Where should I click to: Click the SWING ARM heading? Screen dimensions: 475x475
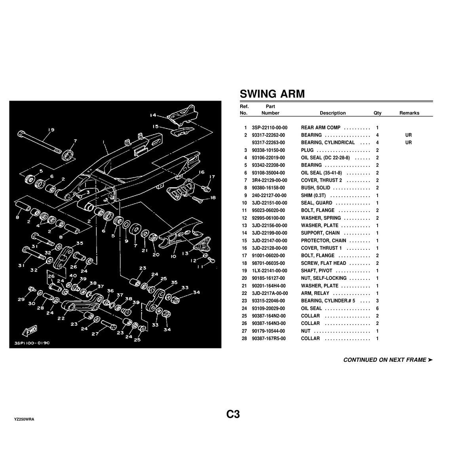click(272, 94)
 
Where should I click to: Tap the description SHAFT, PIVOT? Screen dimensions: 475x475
click(317, 271)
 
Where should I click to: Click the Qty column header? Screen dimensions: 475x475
click(377, 113)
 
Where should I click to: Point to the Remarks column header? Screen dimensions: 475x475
click(409, 113)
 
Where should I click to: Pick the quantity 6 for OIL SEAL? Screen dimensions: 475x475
click(377, 308)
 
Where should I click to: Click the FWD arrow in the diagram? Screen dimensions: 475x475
click(30, 330)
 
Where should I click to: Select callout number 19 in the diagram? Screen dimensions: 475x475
click(51, 130)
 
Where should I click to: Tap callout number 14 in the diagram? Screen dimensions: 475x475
click(153, 116)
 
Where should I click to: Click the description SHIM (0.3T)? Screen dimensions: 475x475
click(313, 196)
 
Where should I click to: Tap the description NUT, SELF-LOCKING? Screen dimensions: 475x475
click(323, 278)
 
